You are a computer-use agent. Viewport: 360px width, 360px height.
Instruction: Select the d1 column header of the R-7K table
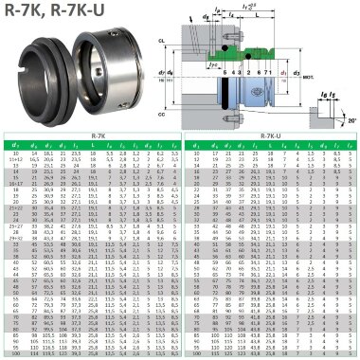[x=13, y=145]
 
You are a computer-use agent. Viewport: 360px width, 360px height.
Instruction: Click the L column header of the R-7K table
[x=116, y=145]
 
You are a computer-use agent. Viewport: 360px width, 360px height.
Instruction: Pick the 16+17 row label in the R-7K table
[x=13, y=180]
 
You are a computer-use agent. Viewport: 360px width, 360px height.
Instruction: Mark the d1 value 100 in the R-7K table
[x=13, y=353]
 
